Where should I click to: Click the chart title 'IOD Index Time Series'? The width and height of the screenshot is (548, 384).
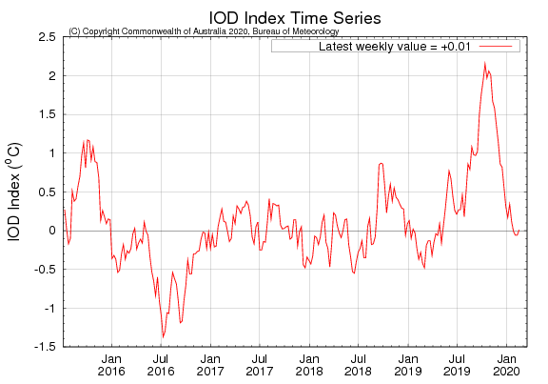[x=296, y=16]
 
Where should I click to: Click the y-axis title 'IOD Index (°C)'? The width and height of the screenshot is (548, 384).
[x=16, y=192]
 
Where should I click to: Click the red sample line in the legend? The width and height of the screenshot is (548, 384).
[x=496, y=46]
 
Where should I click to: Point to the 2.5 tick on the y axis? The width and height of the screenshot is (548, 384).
[x=45, y=36]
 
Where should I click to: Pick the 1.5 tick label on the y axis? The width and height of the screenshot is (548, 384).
[x=45, y=114]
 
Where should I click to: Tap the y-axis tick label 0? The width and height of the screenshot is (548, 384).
[x=51, y=231]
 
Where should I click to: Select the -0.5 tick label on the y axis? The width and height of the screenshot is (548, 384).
[x=43, y=270]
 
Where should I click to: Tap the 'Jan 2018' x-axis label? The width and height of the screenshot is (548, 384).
[x=308, y=365]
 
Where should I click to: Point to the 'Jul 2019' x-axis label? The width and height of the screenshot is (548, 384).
[x=457, y=365]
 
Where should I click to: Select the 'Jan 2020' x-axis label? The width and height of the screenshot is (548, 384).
[x=506, y=365]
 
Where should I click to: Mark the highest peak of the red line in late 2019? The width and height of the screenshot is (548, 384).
[x=485, y=63]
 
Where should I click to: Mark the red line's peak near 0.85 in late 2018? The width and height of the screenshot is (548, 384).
[x=381, y=164]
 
